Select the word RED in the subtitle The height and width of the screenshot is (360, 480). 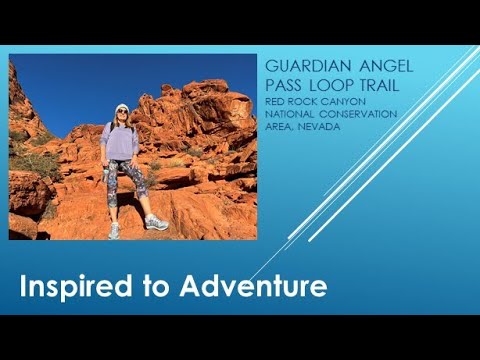(275, 101)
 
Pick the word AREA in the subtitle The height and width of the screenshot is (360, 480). (280, 127)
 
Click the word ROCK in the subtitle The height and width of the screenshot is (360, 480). (304, 101)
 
